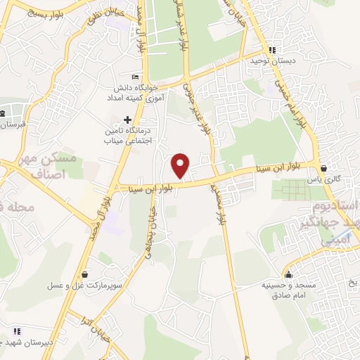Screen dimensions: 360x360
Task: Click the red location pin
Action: click(x=181, y=165)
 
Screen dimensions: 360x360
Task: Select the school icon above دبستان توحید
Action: click(x=271, y=50)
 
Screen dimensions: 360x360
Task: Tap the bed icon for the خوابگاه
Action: click(x=136, y=77)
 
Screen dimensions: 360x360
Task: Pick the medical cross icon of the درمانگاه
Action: click(x=127, y=120)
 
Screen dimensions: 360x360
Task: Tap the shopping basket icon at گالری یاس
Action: click(x=323, y=169)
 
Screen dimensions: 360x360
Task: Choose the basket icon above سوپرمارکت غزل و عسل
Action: click(x=86, y=274)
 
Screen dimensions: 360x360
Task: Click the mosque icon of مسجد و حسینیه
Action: click(x=288, y=274)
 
